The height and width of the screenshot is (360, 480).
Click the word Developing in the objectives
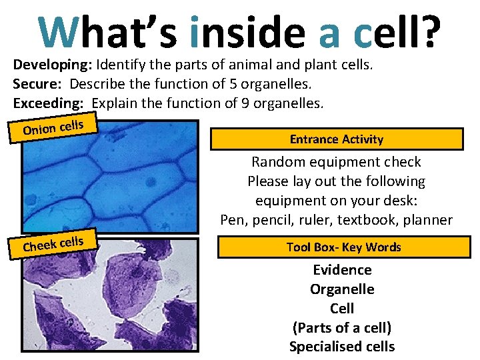pos(53,65)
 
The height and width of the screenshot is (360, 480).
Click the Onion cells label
pos(53,126)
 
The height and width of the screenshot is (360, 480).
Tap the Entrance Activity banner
pos(336,139)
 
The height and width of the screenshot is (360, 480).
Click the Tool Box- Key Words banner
pos(343,247)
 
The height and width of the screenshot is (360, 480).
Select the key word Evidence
pos(342,270)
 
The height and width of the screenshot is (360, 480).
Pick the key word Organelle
pos(342,289)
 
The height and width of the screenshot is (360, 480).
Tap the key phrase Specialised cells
pos(342,347)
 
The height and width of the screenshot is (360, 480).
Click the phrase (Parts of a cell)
pos(342,327)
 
